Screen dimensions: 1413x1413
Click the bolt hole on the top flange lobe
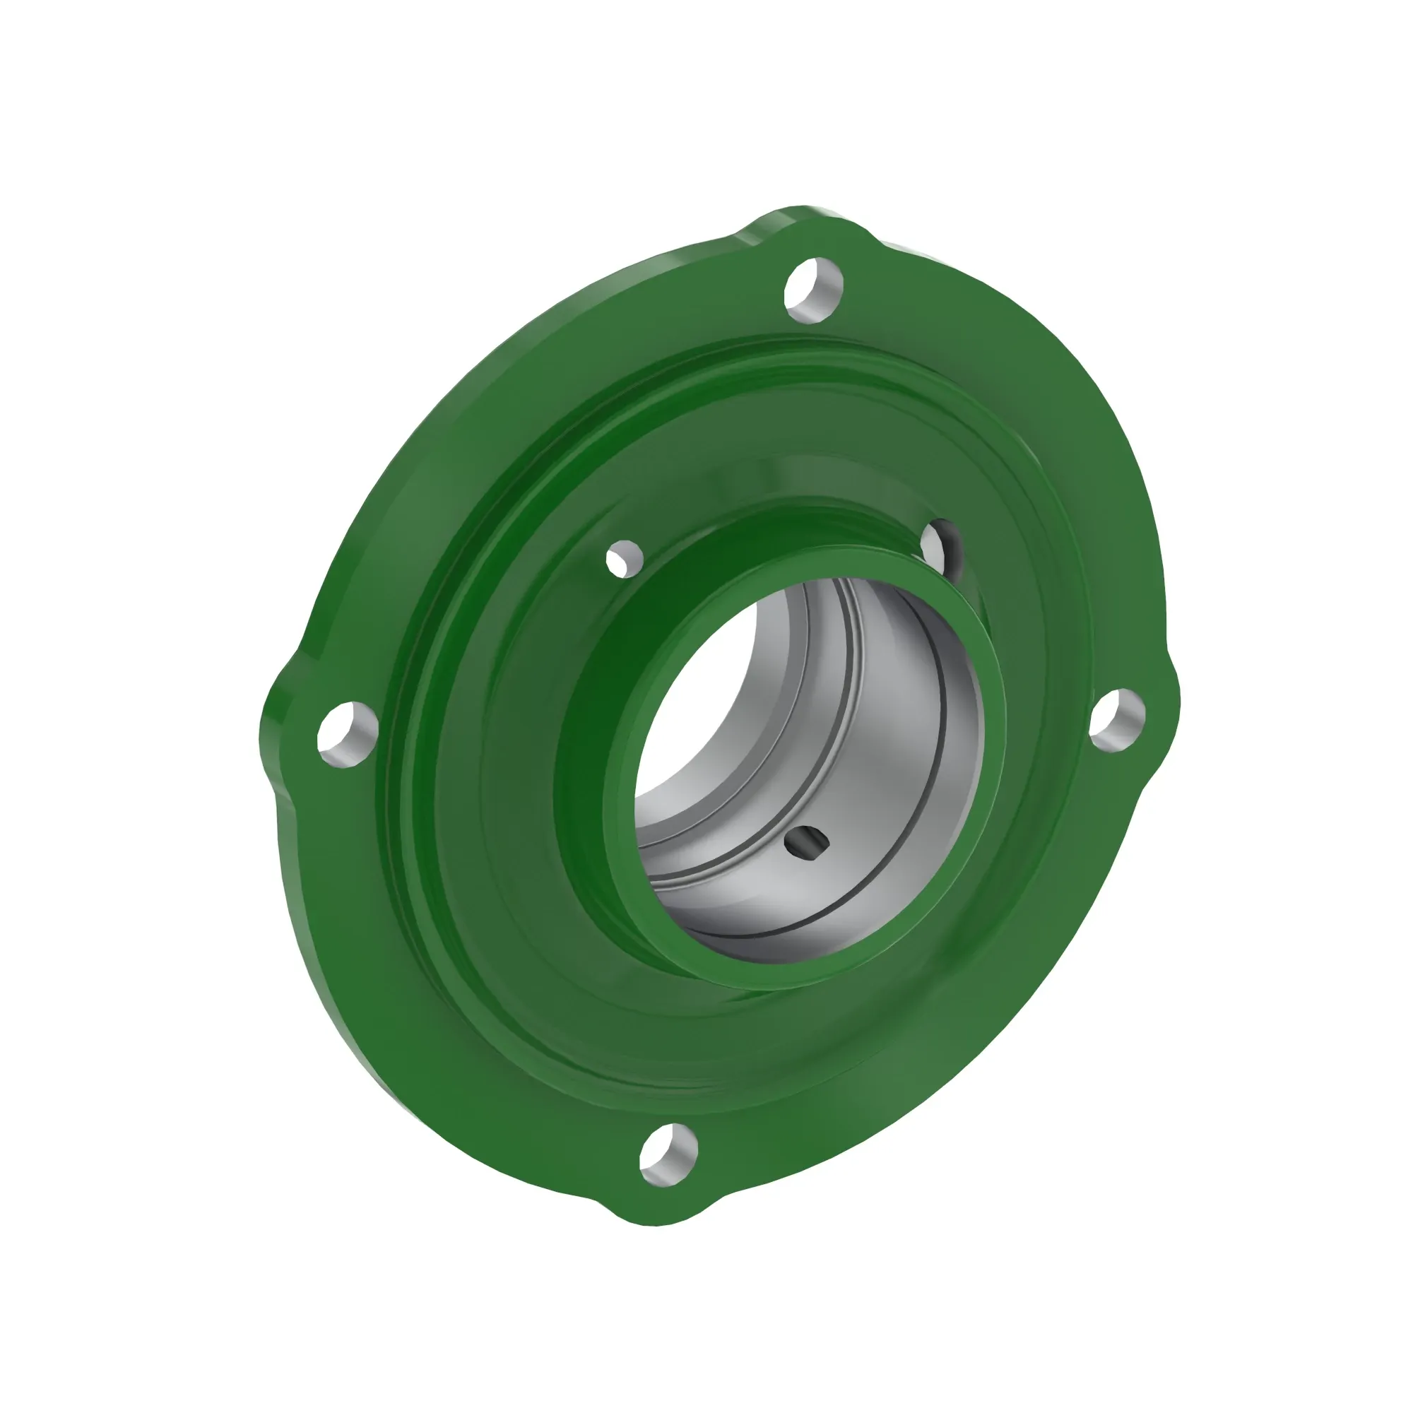pyautogui.click(x=813, y=290)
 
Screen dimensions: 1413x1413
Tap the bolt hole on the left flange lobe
pyautogui.click(x=348, y=734)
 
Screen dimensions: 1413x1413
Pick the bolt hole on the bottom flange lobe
pyautogui.click(x=668, y=1156)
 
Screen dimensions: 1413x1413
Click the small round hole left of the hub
pyautogui.click(x=624, y=559)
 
